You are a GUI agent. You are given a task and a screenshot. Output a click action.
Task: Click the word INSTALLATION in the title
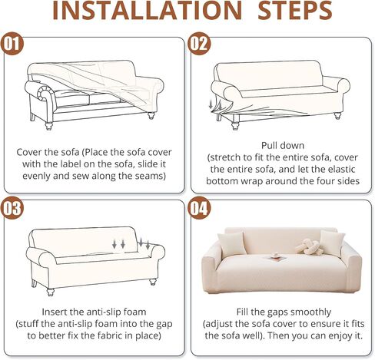(x=147, y=11)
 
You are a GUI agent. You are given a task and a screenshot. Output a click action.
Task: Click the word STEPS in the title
(x=295, y=11)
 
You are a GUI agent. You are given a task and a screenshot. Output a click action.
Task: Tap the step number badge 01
(x=12, y=44)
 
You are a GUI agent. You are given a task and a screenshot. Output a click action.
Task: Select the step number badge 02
(x=199, y=44)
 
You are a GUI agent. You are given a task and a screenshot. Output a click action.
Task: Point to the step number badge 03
(x=12, y=208)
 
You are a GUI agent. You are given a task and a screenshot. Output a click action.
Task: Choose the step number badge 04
(x=199, y=208)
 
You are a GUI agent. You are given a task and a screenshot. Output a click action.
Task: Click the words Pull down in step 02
(x=283, y=146)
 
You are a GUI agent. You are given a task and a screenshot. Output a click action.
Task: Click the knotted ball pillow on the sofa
(x=308, y=246)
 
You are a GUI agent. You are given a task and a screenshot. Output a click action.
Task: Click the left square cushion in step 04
(x=231, y=244)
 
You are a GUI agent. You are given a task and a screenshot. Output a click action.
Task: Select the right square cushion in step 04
(x=333, y=243)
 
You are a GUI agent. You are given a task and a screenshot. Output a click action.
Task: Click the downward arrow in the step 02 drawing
(x=211, y=104)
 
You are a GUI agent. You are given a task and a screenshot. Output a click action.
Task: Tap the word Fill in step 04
(x=242, y=312)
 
